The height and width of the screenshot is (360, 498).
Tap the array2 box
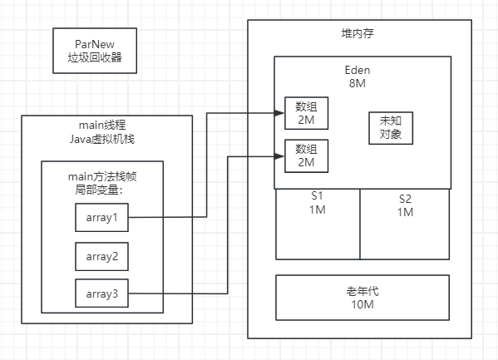pos(103,256)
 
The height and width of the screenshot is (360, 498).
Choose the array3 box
pos(103,293)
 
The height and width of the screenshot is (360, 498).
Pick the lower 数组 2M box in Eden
pos(306,155)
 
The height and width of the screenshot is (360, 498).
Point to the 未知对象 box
pos(390,127)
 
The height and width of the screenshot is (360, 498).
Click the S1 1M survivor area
pos(318,224)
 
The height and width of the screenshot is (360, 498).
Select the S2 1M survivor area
pos(405,224)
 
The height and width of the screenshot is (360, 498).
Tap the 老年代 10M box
pos(362,298)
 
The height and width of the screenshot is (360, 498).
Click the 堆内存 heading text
pos(358,32)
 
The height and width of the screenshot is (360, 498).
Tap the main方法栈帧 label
pos(102,177)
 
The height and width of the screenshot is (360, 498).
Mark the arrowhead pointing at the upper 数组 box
pos(280,112)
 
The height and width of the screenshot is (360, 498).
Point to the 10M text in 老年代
pos(362,304)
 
